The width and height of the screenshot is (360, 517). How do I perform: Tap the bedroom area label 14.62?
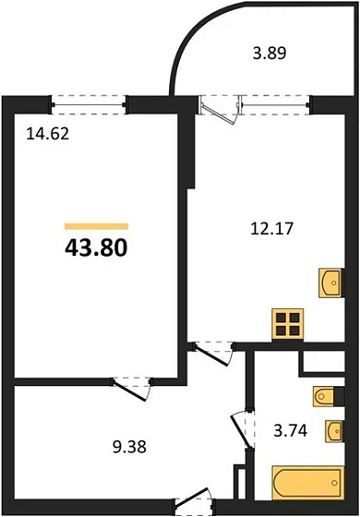pos(47,133)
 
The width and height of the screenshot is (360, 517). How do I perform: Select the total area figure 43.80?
pos(95,247)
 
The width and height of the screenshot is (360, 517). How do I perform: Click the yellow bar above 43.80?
pos(96,225)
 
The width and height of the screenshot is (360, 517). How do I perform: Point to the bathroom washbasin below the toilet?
pos(334,431)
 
